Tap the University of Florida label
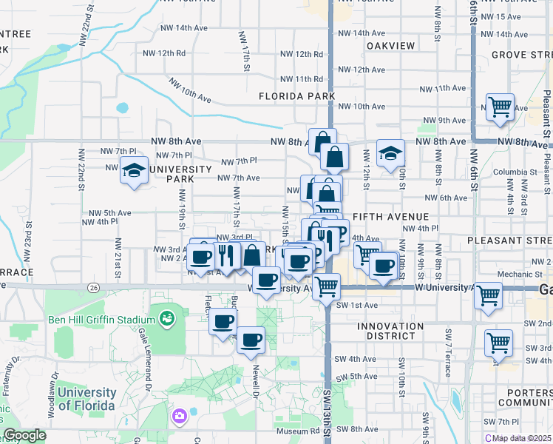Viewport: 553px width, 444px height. coord(86,399)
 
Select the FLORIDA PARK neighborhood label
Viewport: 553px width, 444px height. coord(296,96)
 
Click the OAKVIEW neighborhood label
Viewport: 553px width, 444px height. coord(390,46)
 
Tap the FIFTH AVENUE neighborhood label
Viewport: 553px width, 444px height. coord(391,216)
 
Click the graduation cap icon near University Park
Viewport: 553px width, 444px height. coord(134,170)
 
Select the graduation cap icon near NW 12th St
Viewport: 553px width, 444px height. coord(390,153)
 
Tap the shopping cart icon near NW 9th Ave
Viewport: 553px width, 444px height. coord(500,107)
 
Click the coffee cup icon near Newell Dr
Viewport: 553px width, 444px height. coord(251,339)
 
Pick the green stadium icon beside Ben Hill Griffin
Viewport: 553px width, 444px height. coord(168,319)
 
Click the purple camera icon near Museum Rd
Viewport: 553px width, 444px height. coord(179,417)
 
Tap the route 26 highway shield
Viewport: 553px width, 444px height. coord(92,287)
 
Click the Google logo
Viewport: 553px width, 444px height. coord(24,435)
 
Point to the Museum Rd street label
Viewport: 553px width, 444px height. coord(297,431)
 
